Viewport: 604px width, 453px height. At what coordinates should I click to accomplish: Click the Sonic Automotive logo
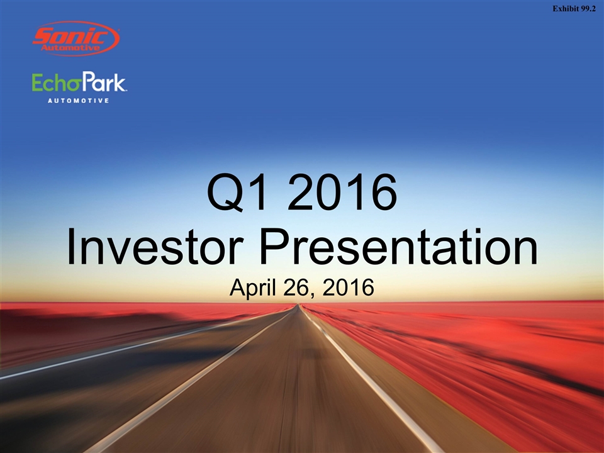[x=76, y=38]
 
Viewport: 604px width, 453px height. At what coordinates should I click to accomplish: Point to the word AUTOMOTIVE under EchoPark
[x=78, y=101]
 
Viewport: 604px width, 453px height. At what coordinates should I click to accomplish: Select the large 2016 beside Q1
[x=342, y=192]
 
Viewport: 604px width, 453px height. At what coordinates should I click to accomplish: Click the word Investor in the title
[x=155, y=247]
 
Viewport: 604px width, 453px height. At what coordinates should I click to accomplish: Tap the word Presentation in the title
[x=399, y=247]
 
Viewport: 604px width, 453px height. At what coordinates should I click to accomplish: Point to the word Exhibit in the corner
[x=566, y=9]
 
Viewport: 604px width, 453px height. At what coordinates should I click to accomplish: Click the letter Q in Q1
[x=225, y=193]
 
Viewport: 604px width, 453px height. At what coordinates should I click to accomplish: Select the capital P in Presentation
[x=276, y=247]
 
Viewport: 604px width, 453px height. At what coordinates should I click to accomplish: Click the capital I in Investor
[x=70, y=247]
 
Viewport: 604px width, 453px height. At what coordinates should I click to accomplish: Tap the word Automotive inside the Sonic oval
[x=70, y=48]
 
